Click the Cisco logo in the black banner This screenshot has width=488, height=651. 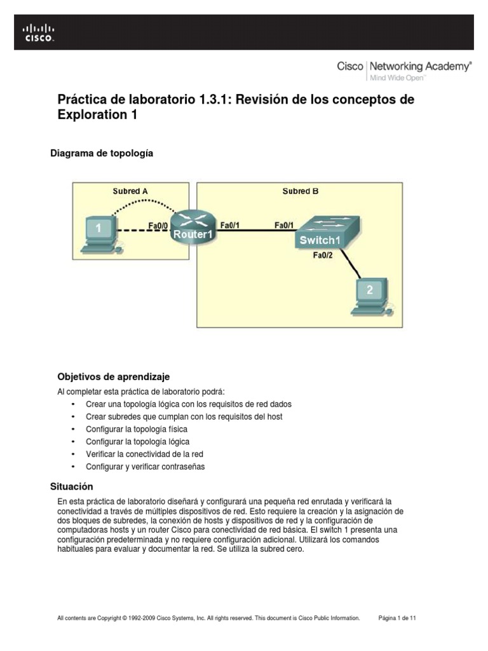coord(39,32)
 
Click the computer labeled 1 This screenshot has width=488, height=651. coord(100,231)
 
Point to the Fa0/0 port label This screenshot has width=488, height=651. coord(158,225)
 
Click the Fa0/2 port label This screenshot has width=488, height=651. coord(323,256)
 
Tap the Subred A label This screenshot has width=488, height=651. coord(130,191)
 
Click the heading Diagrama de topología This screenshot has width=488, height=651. coord(102,153)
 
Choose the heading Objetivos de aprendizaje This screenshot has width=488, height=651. coord(114,376)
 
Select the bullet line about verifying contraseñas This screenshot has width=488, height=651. coord(146,467)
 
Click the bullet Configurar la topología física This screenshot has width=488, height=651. coord(137,429)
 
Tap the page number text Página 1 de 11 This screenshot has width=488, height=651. coord(398,617)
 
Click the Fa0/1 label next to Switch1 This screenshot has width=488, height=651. coord(284,225)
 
